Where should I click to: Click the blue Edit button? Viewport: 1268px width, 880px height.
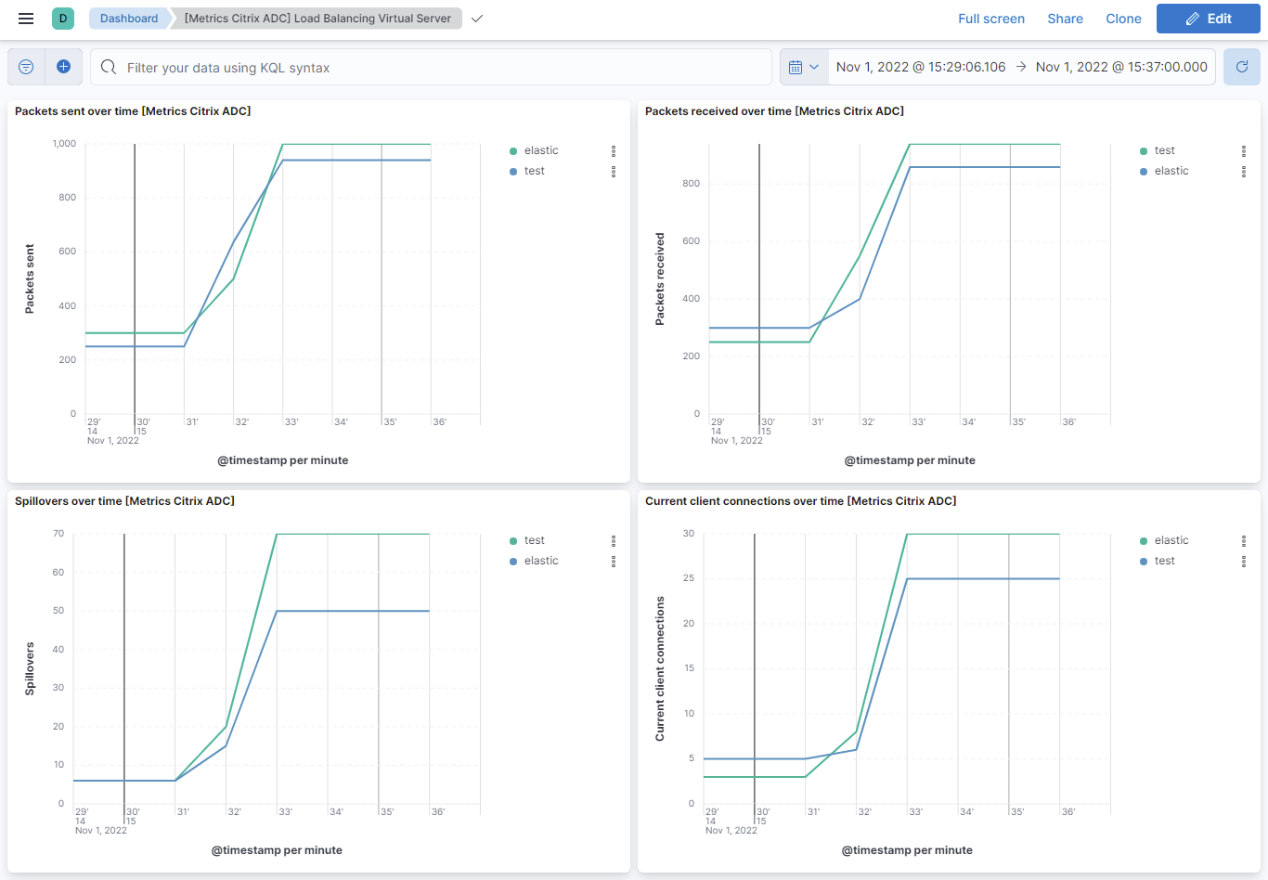pos(1208,19)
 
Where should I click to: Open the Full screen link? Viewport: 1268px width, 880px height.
pos(990,19)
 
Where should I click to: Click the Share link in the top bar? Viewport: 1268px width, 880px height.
pos(1065,19)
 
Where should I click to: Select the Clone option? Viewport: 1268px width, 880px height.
pos(1123,19)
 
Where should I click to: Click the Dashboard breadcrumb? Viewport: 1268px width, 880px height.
pos(129,19)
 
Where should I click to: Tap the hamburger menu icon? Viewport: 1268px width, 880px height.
pos(26,19)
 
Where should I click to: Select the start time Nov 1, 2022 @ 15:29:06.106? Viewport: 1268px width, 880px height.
pos(920,67)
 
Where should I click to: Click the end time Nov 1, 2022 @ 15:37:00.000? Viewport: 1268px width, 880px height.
pos(1121,67)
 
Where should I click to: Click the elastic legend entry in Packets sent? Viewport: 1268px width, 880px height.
pos(540,150)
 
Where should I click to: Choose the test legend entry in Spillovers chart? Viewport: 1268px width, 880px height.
pos(534,540)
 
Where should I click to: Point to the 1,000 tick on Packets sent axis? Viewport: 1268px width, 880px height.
pos(64,144)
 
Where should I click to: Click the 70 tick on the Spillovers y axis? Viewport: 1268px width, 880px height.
pos(58,534)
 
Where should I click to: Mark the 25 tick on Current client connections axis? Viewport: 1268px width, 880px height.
pos(688,578)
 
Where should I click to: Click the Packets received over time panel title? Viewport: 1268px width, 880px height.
pos(774,111)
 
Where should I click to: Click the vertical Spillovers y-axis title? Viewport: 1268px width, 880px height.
pos(30,668)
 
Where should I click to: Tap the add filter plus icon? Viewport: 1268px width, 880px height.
pos(64,67)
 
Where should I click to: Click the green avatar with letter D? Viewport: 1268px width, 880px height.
pos(63,19)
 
